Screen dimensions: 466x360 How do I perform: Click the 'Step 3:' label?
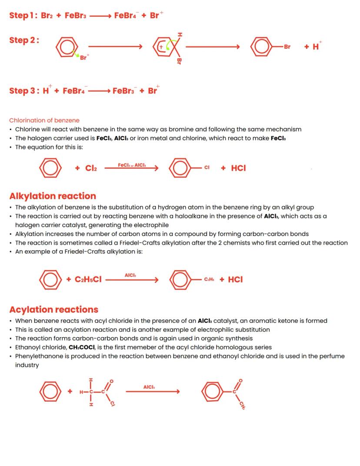coord(23,91)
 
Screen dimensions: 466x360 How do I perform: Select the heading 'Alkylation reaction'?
coord(53,196)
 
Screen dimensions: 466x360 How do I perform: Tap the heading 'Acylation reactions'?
coord(54,309)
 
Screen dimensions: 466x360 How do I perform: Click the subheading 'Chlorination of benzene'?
coord(44,120)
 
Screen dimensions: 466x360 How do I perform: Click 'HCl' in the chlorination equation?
coord(238,168)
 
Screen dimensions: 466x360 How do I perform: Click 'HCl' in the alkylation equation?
coord(235,279)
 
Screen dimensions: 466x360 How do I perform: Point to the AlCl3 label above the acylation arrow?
coord(149,387)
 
